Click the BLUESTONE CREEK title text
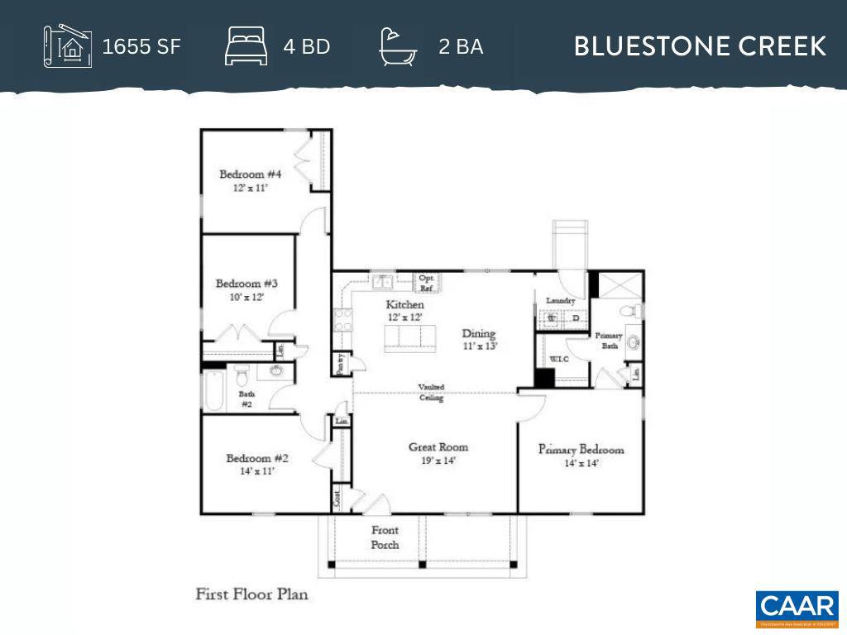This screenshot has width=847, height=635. (700, 46)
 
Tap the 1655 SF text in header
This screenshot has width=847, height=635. (141, 46)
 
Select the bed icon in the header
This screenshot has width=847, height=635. (246, 45)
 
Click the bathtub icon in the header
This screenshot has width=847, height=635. (398, 45)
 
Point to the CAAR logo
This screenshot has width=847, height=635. (797, 609)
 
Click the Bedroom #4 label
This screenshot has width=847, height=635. (250, 174)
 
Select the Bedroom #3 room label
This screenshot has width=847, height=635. (240, 284)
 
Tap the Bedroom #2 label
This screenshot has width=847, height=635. (257, 459)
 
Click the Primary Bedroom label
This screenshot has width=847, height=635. (581, 450)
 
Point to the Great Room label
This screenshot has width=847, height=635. (438, 447)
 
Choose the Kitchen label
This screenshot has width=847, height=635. (404, 305)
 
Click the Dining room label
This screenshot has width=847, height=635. (479, 334)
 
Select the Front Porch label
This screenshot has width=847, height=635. (385, 537)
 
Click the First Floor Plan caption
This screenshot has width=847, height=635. (251, 594)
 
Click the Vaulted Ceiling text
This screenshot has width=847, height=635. (431, 392)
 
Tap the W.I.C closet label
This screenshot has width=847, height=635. (559, 360)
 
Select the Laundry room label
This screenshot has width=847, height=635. (560, 301)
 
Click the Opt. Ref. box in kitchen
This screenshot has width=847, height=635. (427, 283)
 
